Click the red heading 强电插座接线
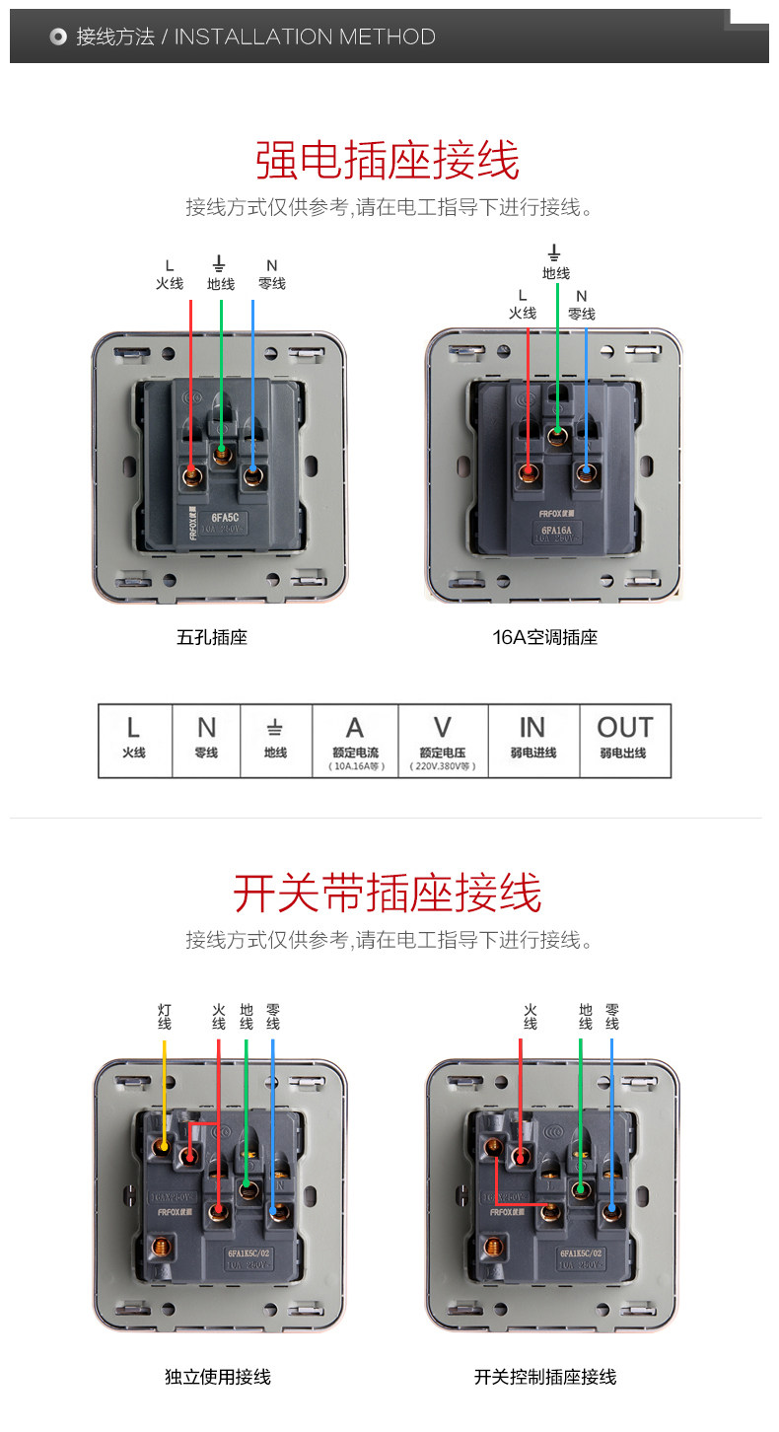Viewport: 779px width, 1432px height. [388, 161]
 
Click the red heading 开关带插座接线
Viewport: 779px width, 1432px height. [388, 894]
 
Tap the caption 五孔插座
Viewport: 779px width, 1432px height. [212, 637]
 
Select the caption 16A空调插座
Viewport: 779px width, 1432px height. [545, 637]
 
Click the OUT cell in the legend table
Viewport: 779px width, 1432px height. [624, 740]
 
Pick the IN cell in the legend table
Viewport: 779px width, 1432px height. [532, 740]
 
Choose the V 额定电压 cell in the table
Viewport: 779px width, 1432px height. [443, 740]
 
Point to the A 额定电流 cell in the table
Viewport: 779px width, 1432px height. [355, 740]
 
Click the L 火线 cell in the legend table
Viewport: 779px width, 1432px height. [134, 740]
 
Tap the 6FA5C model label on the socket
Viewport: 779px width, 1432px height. [226, 516]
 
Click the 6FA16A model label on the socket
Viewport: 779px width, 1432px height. [556, 531]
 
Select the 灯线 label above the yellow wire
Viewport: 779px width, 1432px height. [165, 1017]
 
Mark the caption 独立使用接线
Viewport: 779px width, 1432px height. [218, 1377]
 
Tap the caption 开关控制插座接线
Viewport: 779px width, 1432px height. [545, 1377]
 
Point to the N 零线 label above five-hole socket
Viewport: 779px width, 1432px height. [272, 275]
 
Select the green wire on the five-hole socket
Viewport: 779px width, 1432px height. [222, 375]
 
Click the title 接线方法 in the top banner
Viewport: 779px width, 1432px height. [115, 37]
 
